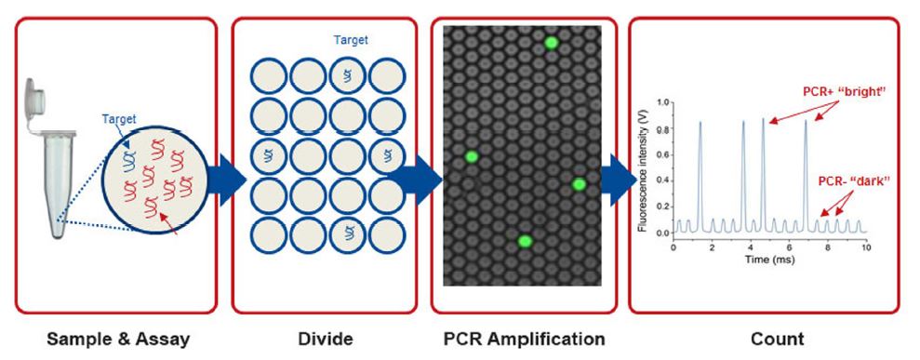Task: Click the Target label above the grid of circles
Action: click(350, 41)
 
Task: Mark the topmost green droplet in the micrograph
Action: click(551, 43)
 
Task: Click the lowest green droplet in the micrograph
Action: click(525, 242)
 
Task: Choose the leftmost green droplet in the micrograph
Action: click(472, 156)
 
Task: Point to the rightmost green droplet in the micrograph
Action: click(579, 184)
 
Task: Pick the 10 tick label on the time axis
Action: click(866, 248)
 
